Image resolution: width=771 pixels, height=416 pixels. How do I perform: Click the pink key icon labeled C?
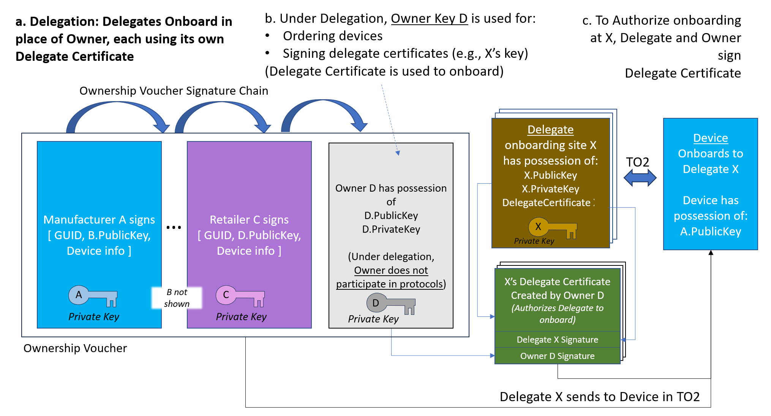click(240, 296)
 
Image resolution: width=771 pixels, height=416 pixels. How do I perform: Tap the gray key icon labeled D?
click(390, 304)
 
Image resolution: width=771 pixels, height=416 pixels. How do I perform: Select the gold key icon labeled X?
click(552, 228)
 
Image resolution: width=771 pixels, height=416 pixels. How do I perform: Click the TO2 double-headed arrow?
click(640, 178)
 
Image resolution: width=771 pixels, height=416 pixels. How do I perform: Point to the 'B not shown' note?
click(177, 298)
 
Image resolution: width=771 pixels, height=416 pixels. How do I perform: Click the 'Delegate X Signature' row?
click(557, 340)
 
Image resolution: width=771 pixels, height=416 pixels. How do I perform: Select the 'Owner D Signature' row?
click(557, 356)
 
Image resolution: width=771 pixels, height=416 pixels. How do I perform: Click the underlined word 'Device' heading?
click(710, 138)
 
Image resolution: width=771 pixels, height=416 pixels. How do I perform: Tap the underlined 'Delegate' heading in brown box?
click(550, 130)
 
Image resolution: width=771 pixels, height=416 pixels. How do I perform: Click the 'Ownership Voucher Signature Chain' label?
click(174, 91)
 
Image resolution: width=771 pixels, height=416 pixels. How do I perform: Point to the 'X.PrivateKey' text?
click(550, 189)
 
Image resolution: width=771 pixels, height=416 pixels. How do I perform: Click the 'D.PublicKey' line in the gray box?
click(391, 216)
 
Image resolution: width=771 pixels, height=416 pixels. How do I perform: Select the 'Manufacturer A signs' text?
click(99, 220)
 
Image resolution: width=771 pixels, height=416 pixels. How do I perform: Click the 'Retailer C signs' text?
click(249, 220)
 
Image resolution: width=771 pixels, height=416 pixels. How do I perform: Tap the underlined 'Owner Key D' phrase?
click(429, 18)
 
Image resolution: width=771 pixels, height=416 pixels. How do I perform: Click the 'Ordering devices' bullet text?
click(333, 36)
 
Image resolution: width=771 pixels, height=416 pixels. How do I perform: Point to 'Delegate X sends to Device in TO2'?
click(599, 397)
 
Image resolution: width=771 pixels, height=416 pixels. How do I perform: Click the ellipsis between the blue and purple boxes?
click(174, 227)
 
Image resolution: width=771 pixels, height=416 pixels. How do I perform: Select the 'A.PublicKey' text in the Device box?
click(710, 232)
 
